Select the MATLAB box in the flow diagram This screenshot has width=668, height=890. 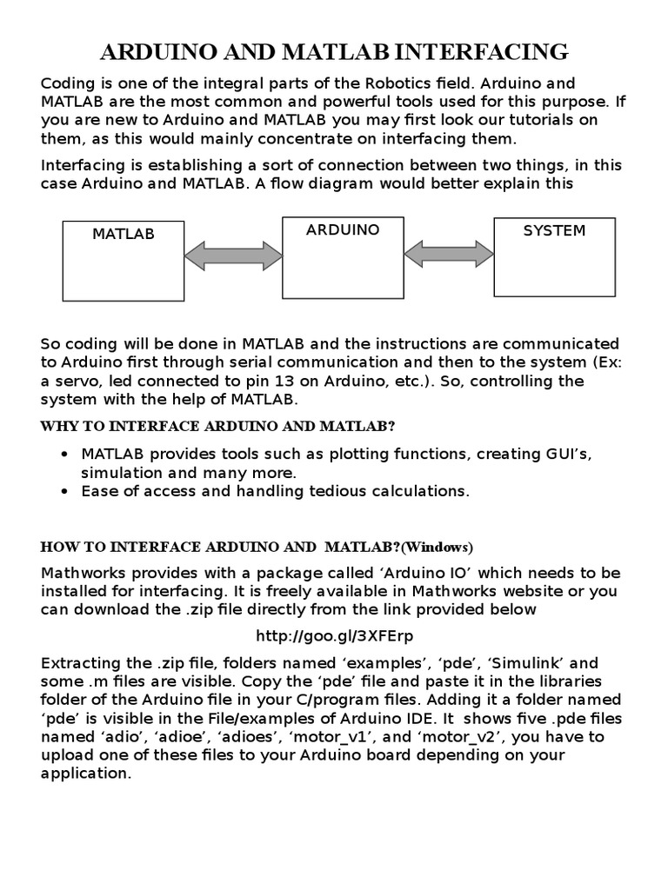click(124, 260)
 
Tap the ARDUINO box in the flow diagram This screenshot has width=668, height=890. click(343, 256)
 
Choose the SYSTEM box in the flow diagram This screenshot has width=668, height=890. click(554, 256)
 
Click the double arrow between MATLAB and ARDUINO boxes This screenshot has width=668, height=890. click(233, 256)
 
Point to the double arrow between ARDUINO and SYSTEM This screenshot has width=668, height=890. click(449, 253)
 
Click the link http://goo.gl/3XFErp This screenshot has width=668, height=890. click(333, 635)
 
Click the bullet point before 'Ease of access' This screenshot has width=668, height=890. click(67, 492)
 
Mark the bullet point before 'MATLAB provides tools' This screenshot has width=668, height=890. click(67, 455)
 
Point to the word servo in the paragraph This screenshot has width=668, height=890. click(76, 381)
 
